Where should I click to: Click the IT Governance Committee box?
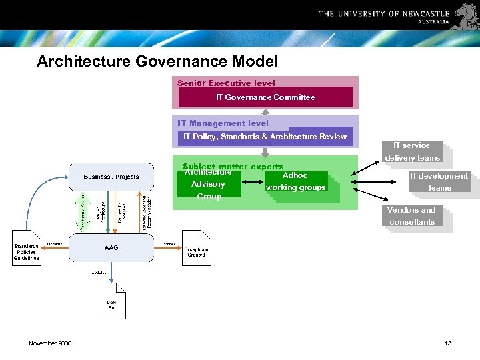coord(265,97)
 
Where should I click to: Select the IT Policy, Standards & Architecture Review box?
coord(265,137)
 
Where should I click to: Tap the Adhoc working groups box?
coord(295,182)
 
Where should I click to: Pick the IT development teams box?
coord(439,182)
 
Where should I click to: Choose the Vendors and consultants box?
coord(412,216)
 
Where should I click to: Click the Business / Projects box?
coord(111,177)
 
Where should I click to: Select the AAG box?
coord(111,249)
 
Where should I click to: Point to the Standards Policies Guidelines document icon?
coord(26,249)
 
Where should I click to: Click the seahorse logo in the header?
coord(465,14)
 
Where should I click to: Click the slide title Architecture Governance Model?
coord(157,62)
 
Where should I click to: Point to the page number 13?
coord(447,343)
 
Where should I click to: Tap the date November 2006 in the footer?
coord(51,343)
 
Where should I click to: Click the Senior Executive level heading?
coord(226,83)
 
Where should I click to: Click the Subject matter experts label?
coord(233,166)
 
